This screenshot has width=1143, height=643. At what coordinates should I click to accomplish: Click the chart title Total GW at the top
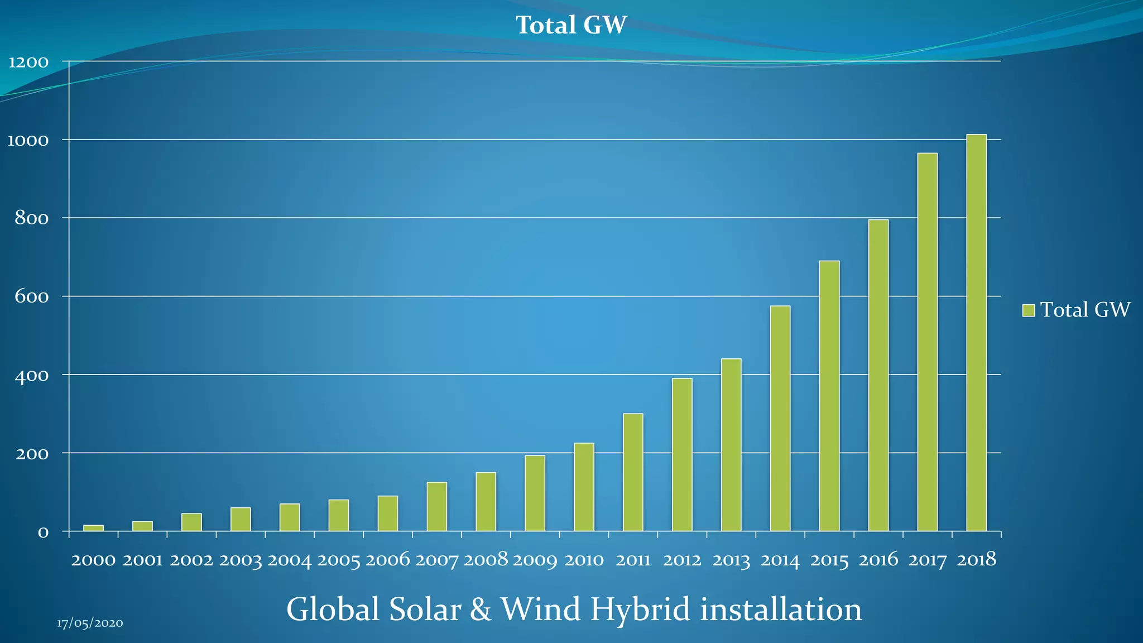click(571, 25)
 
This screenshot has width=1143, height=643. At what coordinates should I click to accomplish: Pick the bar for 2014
click(780, 418)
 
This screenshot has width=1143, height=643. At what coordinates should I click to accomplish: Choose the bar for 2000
click(93, 527)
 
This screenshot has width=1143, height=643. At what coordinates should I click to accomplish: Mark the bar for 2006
click(387, 513)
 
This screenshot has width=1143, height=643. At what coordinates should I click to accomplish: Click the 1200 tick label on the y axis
click(28, 62)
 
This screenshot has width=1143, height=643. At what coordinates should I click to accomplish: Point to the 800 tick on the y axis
click(32, 218)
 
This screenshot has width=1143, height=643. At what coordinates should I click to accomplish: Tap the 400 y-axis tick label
click(32, 375)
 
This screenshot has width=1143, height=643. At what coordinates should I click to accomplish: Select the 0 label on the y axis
click(43, 532)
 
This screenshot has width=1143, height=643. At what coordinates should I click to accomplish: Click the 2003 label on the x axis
click(240, 560)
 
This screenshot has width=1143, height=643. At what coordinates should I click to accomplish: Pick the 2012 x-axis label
click(682, 560)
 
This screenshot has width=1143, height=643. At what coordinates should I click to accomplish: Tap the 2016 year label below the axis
click(878, 560)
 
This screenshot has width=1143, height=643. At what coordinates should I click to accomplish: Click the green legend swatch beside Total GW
click(1028, 310)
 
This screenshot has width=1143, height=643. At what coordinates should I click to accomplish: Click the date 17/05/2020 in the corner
click(90, 623)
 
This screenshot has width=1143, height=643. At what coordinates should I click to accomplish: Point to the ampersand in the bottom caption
click(480, 610)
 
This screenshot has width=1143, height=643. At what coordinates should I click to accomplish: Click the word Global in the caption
click(334, 610)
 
